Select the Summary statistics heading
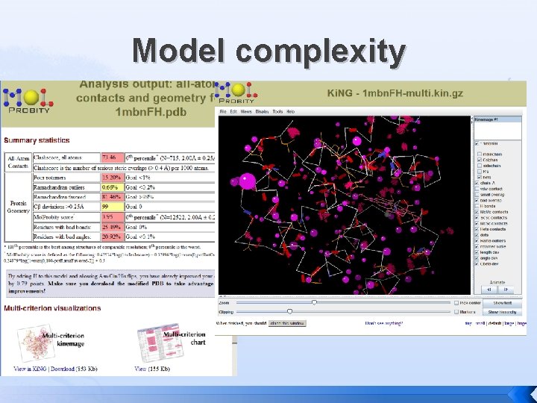(x=37, y=140)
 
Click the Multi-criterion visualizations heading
(x=52, y=308)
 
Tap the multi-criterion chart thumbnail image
(x=154, y=343)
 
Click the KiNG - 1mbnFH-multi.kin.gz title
(x=395, y=93)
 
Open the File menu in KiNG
(x=223, y=110)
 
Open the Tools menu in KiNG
(x=277, y=110)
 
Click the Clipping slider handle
(x=289, y=311)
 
